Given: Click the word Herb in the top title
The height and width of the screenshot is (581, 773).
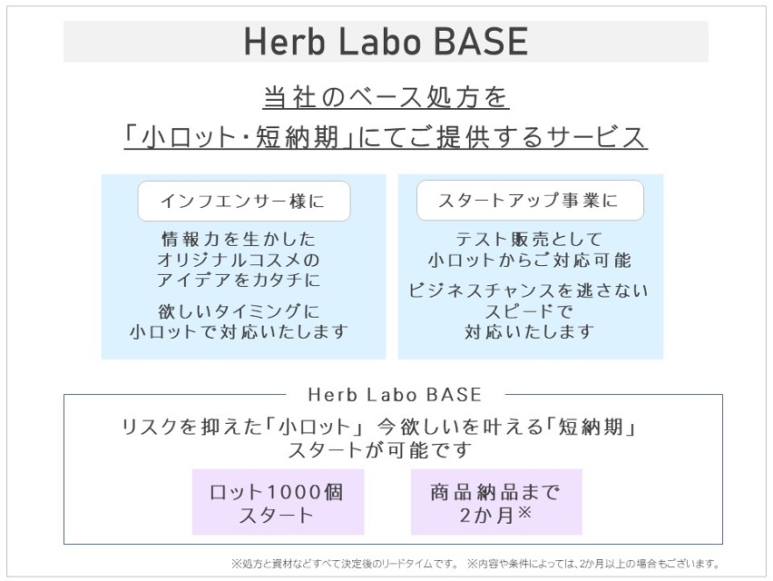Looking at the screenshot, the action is point(285,42).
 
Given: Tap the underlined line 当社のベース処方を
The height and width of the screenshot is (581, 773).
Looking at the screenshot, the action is point(386,96).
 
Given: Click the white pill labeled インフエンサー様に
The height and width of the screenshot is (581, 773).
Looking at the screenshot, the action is point(244,202).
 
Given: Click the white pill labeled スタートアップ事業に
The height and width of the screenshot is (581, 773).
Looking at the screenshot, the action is point(530,201).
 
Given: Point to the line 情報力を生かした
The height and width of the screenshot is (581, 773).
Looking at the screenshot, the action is point(239,240).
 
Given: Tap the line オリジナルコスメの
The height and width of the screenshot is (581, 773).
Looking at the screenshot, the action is point(239,260).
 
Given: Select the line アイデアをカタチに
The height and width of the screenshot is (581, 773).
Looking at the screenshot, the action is point(239,281).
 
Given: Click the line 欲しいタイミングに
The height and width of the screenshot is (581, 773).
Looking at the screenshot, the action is point(239,311).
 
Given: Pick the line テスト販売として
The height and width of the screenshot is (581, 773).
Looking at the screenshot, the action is point(529,240).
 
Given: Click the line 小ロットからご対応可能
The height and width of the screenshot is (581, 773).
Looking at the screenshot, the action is point(530,260).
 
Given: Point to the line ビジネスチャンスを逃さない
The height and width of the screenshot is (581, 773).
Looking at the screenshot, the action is point(528,290).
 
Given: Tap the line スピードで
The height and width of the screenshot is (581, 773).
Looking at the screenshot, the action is point(529,311).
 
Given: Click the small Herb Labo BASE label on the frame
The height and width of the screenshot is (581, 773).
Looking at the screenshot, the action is point(395,395).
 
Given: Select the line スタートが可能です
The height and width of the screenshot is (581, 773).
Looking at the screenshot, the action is point(379,449).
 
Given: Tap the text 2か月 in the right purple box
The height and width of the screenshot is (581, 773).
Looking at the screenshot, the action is point(487,516).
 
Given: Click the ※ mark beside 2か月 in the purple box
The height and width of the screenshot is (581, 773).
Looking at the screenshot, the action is point(524,512).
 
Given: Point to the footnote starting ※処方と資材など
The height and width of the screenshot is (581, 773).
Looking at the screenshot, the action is point(345,563).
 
